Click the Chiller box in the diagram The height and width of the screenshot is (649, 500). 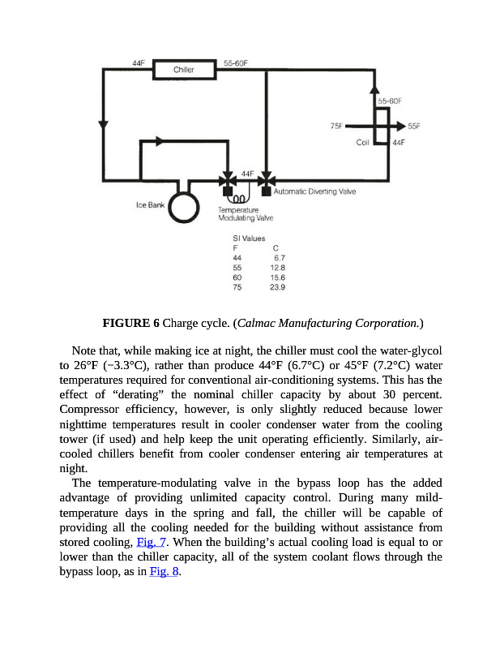(183, 70)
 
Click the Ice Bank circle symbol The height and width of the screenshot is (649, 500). (184, 206)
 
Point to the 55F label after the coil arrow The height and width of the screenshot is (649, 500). (414, 127)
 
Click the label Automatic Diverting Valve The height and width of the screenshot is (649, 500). (315, 191)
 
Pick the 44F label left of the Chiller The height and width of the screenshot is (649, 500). (139, 62)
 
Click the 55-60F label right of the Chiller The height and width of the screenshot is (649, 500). (235, 62)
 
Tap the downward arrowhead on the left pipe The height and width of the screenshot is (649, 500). (103, 128)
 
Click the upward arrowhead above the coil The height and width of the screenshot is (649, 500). (374, 88)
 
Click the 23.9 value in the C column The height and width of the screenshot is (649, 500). (277, 286)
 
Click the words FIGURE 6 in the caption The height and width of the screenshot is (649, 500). (131, 323)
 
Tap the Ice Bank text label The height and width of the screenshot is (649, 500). (150, 204)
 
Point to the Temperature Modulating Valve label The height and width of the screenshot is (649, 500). (246, 214)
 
